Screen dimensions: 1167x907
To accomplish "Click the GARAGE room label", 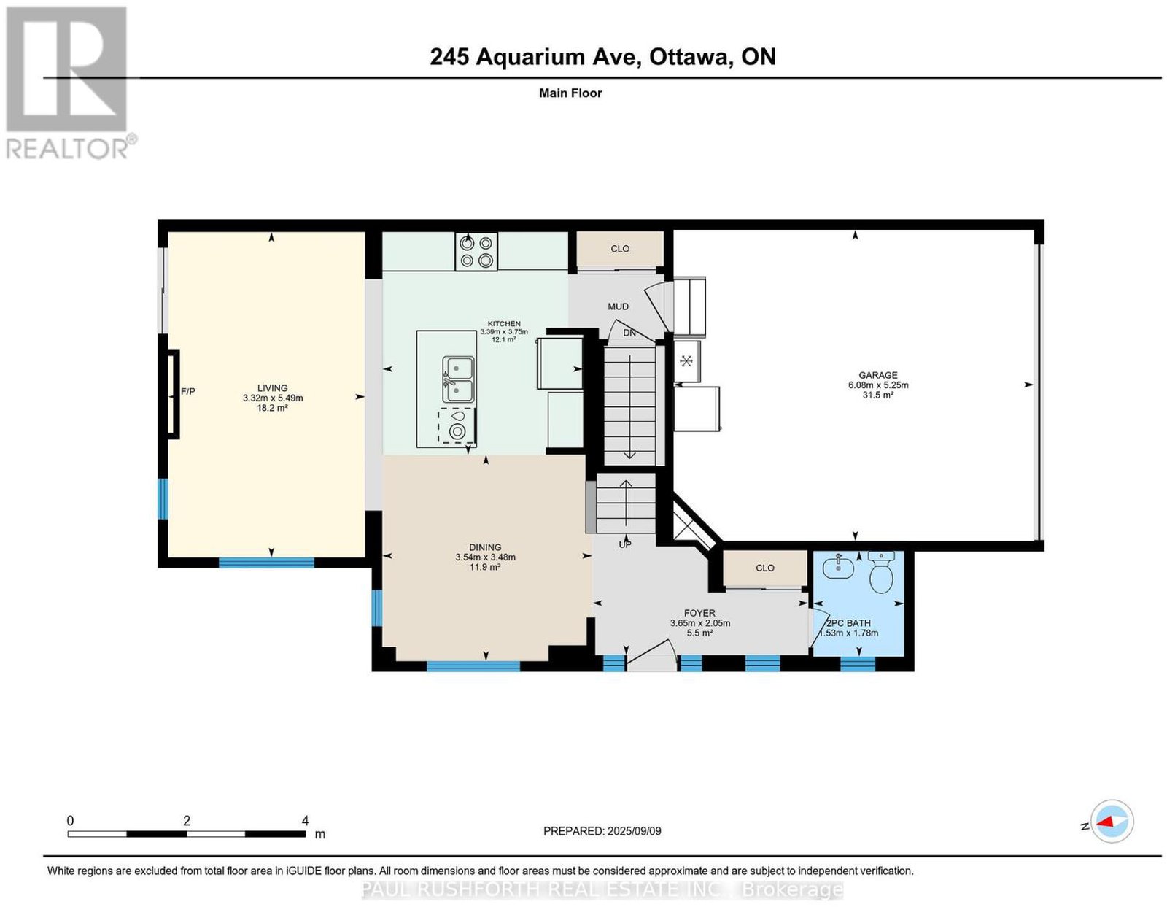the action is [877, 375].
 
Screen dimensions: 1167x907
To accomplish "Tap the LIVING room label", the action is [272, 387].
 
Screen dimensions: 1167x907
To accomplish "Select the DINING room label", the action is [485, 547].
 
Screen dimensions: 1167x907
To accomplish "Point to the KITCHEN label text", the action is [504, 324].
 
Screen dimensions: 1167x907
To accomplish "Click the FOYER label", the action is [699, 613].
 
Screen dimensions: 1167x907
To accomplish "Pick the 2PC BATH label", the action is [848, 623].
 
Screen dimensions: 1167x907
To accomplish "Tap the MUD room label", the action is [618, 306].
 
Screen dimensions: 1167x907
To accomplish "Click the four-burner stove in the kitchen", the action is [476, 251].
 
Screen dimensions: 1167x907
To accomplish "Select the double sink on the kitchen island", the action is [457, 379].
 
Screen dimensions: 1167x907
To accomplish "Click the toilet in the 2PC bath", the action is [881, 572].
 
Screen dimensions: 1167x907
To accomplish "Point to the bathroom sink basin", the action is [838, 566].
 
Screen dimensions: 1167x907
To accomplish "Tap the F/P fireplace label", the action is [188, 391].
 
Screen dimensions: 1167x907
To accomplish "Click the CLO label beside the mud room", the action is [620, 249].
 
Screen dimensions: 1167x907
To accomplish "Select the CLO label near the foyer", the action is [765, 568].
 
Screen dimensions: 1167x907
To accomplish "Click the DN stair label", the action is [629, 333].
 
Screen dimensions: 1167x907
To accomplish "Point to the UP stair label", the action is [624, 544].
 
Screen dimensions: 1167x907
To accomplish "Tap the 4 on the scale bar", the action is [305, 820].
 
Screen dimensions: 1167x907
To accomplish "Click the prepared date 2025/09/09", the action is [635, 830].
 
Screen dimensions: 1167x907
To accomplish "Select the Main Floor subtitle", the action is [570, 93].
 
